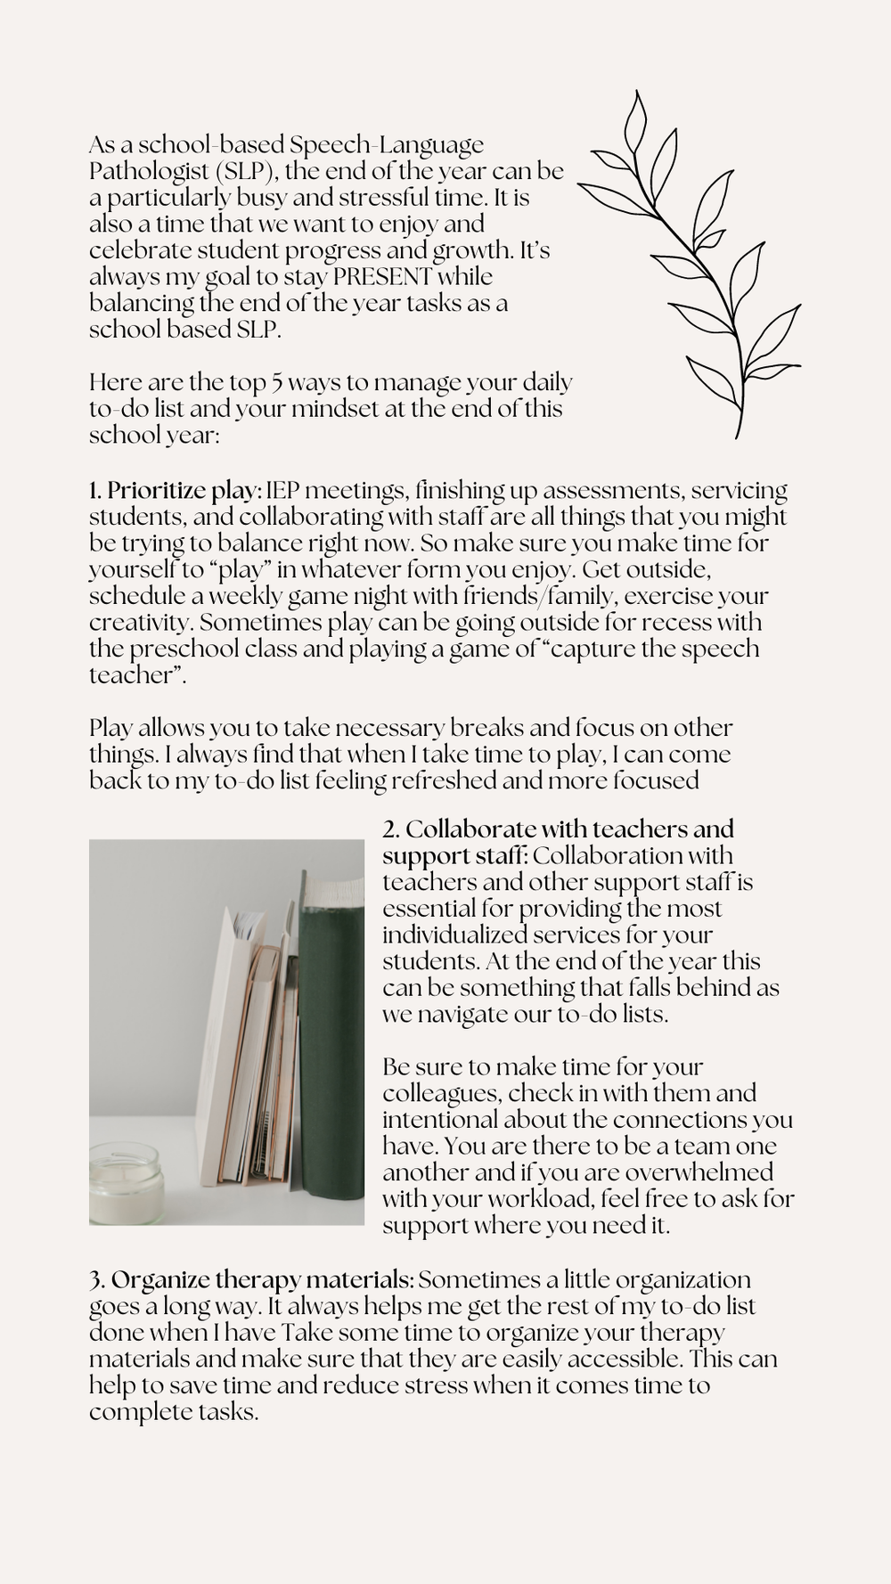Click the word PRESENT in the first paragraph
383,276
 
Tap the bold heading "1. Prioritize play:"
175,490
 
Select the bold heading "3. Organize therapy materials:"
251,1280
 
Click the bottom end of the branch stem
738,436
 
